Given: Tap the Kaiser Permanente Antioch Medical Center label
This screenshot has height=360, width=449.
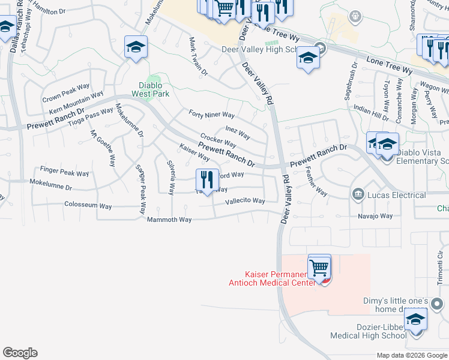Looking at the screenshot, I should [x=272, y=278].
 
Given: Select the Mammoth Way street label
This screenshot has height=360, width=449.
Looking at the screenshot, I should [x=169, y=220].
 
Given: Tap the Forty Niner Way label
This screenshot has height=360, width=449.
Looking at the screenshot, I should [x=211, y=115].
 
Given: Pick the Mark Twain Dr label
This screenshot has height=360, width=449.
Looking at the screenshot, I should [x=197, y=58].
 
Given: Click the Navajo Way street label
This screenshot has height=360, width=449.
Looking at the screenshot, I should [x=375, y=216].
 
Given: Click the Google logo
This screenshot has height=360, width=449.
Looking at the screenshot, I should [x=20, y=353].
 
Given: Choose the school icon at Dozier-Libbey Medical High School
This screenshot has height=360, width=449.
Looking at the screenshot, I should [x=415, y=320].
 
